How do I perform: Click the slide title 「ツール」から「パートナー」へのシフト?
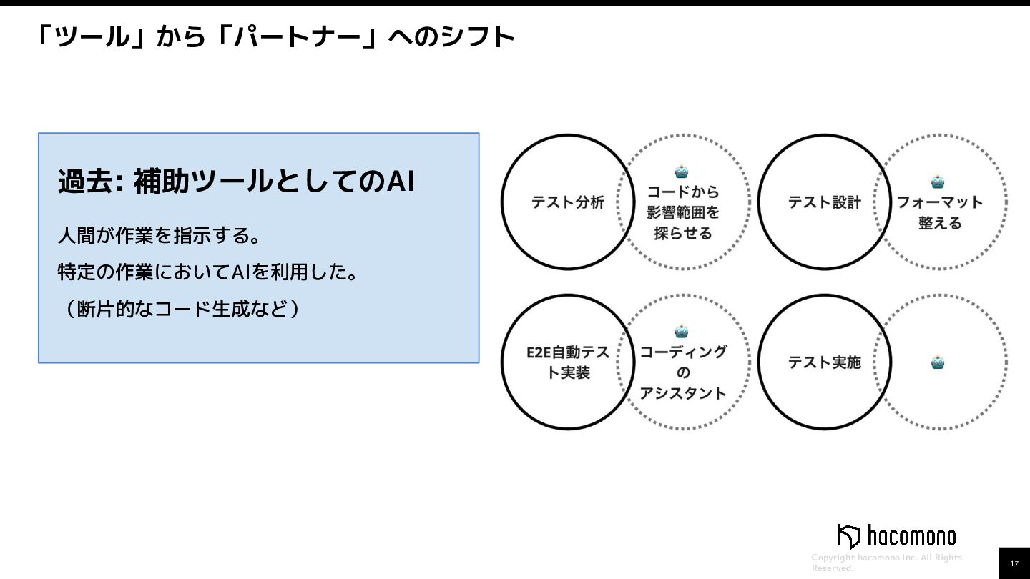275,36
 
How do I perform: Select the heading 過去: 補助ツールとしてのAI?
236,182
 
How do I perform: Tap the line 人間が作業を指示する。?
158,235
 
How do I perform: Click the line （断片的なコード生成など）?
179,310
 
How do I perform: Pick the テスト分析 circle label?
568,202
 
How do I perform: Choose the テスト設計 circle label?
824,202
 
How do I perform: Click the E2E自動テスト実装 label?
568,362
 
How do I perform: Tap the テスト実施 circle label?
824,362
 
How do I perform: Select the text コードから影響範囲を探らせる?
683,212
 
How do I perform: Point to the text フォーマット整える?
940,212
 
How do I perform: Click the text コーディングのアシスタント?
683,372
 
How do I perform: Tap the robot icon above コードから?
682,172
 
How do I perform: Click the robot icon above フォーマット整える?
938,182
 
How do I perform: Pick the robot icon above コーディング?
682,331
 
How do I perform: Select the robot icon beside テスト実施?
938,362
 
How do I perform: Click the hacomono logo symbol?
848,536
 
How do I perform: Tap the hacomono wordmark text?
911,536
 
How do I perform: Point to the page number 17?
1014,564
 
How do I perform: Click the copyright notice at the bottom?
887,563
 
